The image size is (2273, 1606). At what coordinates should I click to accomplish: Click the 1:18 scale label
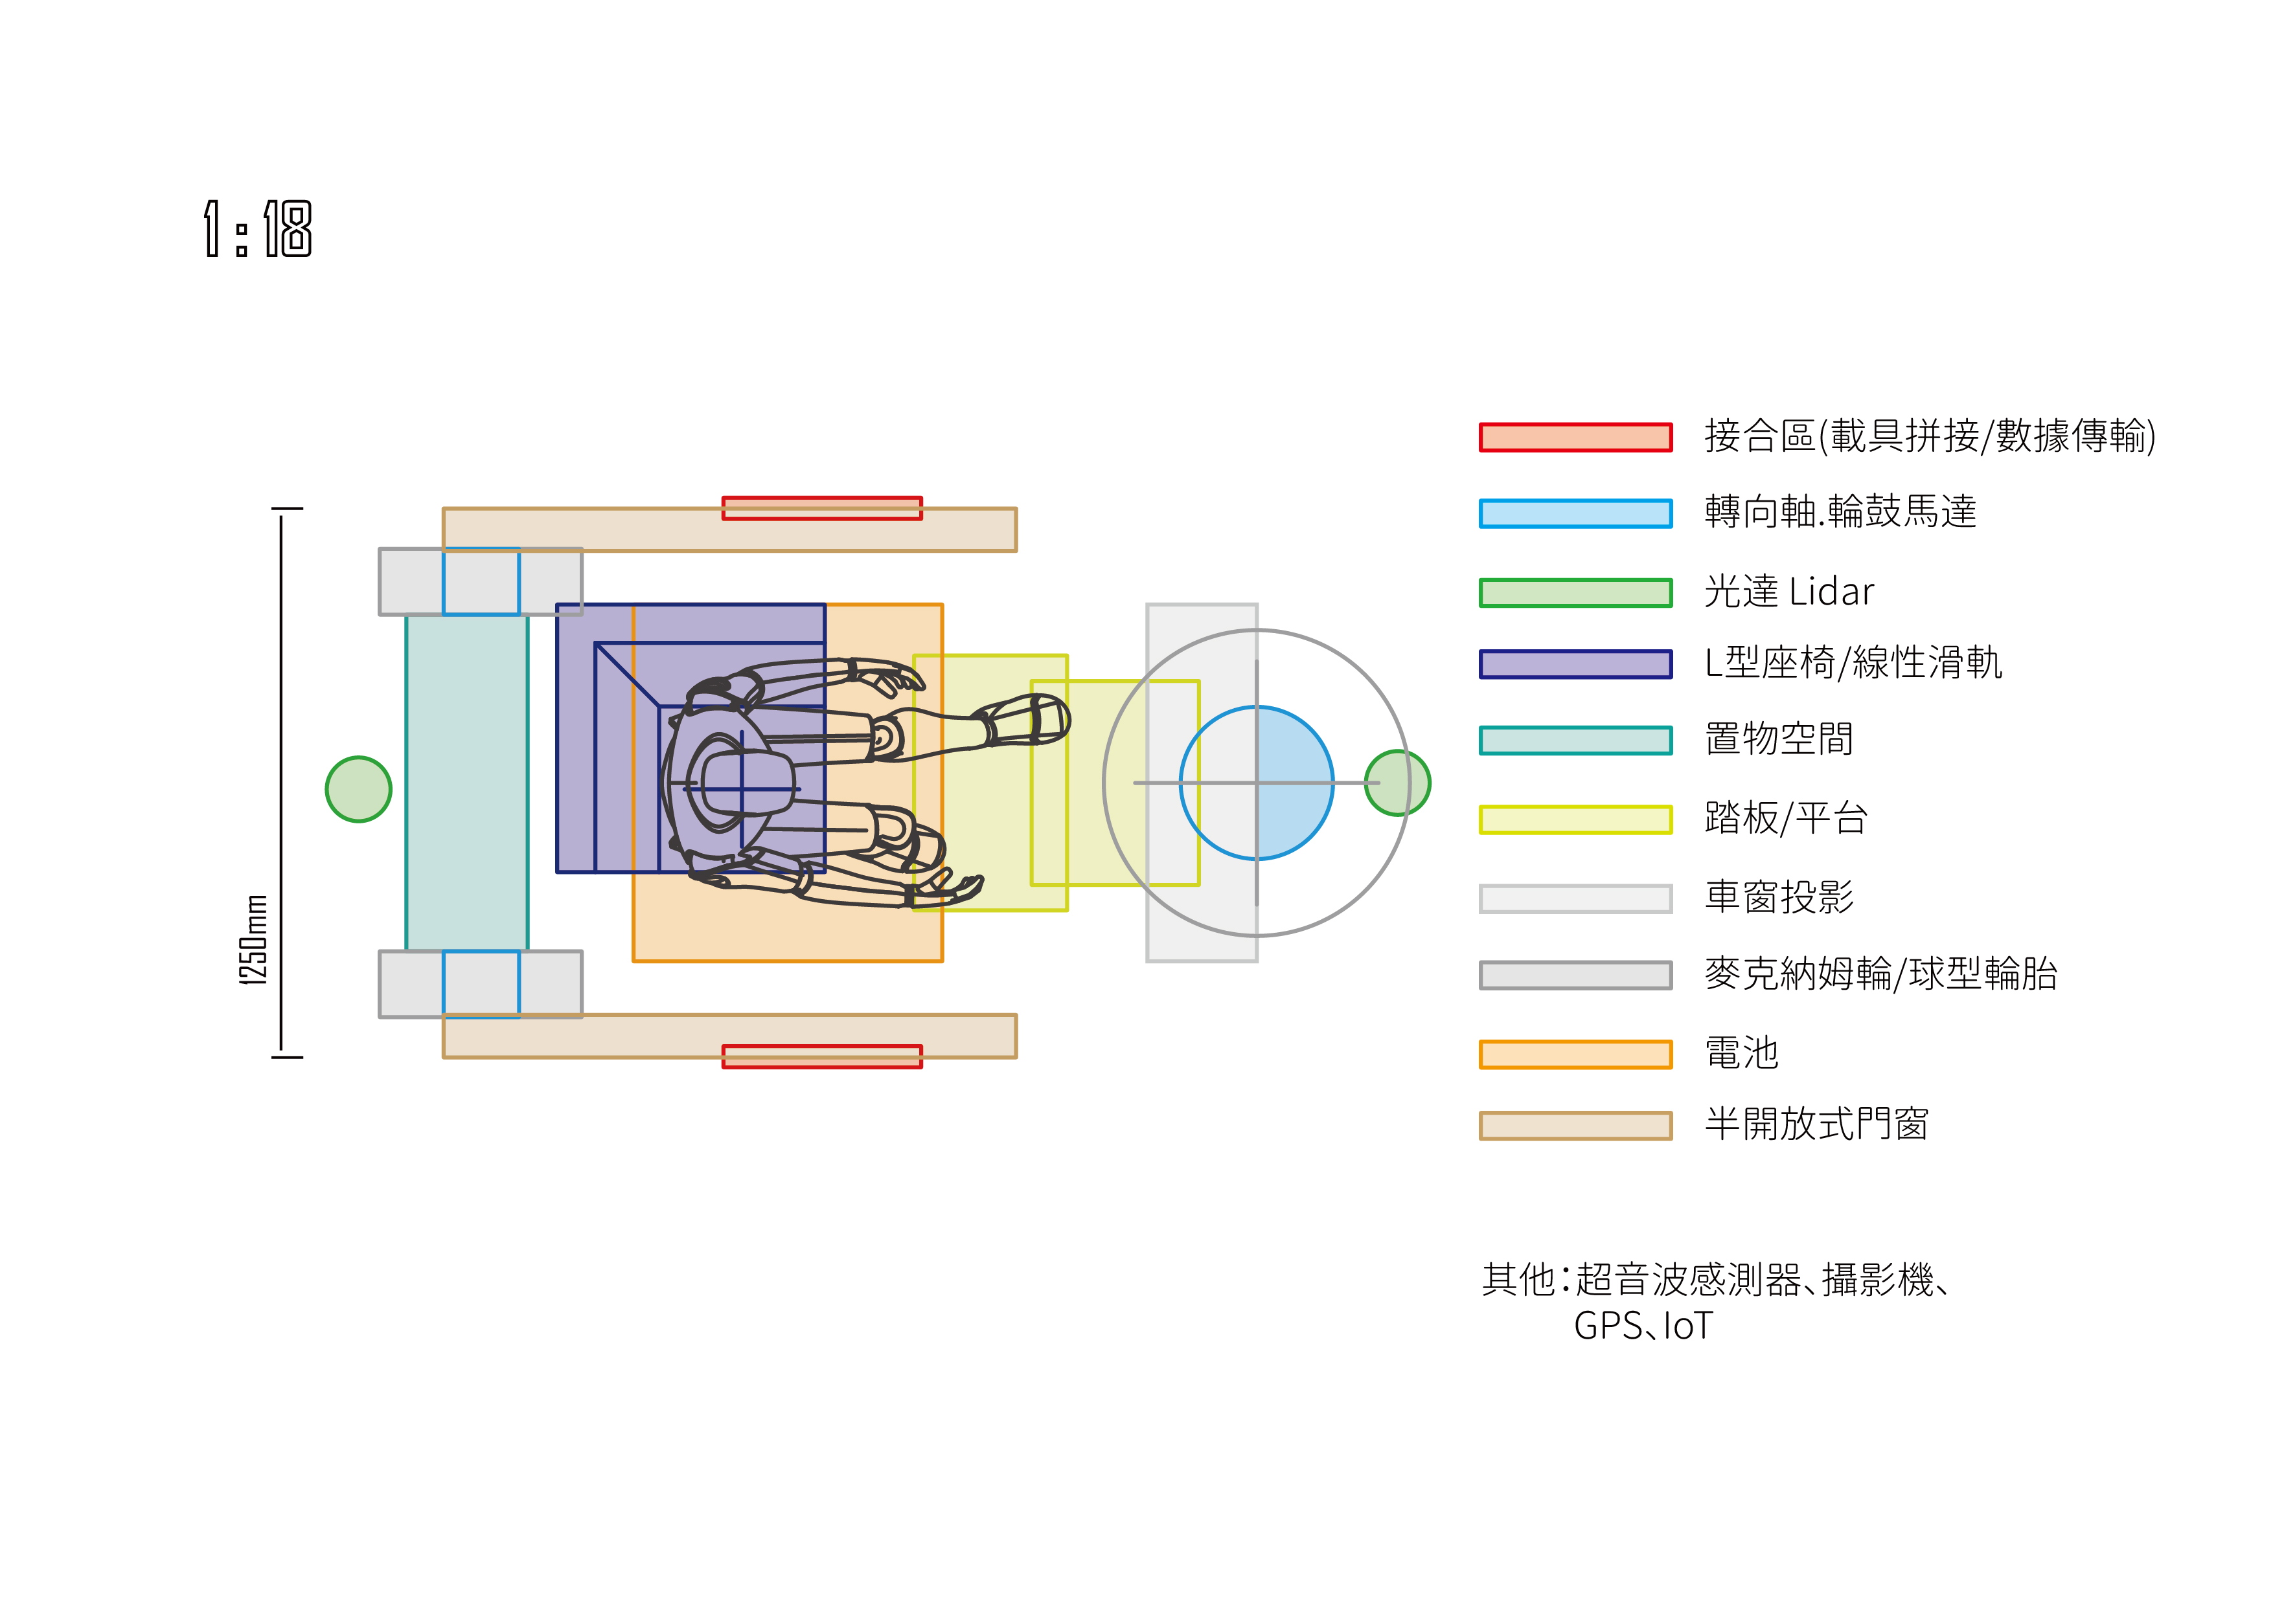tap(257, 229)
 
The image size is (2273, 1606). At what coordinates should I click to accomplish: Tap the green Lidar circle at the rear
tap(358, 790)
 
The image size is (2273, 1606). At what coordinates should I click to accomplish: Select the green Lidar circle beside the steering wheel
tap(1397, 783)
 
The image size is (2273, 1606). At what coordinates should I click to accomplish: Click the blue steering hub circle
tap(1256, 783)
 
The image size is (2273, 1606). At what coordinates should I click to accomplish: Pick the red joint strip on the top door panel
tap(821, 507)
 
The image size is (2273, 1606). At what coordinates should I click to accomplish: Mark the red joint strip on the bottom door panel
tap(821, 1057)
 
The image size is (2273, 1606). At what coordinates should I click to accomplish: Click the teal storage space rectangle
tap(467, 783)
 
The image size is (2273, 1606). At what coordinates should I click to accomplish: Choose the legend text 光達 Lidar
tap(1789, 592)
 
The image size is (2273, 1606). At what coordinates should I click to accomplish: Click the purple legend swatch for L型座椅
tap(1576, 664)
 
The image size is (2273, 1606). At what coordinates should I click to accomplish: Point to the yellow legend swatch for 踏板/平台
tap(1576, 820)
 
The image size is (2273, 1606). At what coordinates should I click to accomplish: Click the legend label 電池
tap(1741, 1053)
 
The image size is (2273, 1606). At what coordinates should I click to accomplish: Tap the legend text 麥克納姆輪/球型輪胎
tap(1881, 974)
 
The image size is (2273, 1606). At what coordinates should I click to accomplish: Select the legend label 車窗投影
tap(1779, 897)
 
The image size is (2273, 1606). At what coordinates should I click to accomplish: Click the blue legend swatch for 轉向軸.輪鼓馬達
tap(1576, 513)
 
